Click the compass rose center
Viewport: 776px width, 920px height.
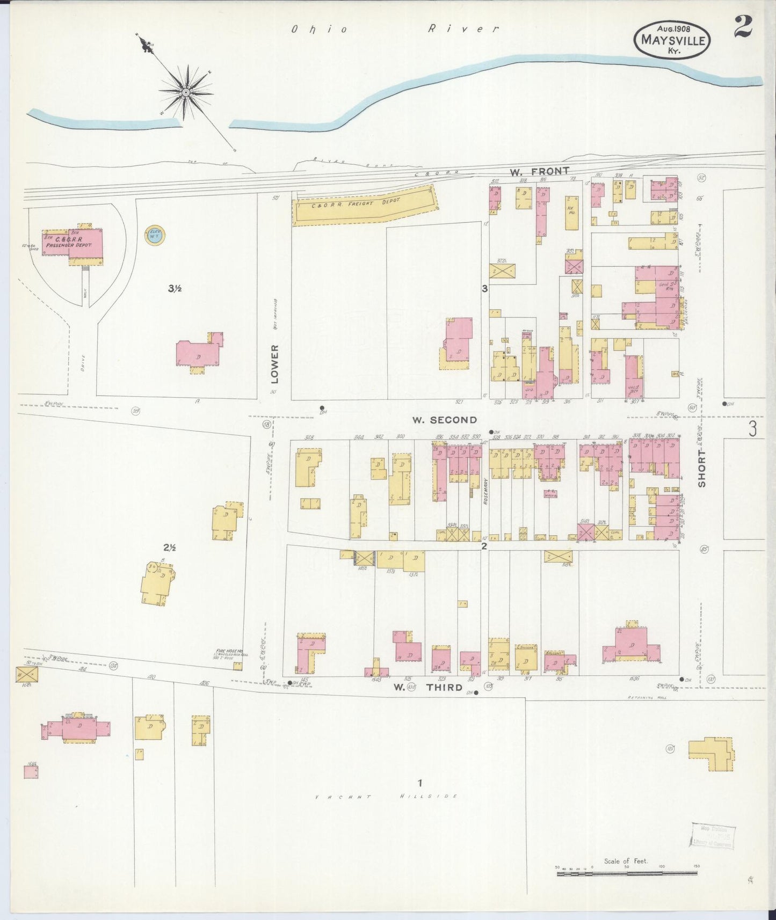click(186, 92)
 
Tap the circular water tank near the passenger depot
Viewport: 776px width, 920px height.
click(155, 235)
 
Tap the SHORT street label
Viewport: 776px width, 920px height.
click(702, 469)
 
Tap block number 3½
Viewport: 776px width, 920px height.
click(175, 289)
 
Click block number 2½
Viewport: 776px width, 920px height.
click(170, 547)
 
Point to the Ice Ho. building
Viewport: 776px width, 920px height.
click(572, 213)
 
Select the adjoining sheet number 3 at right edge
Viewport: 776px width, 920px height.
click(753, 428)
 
